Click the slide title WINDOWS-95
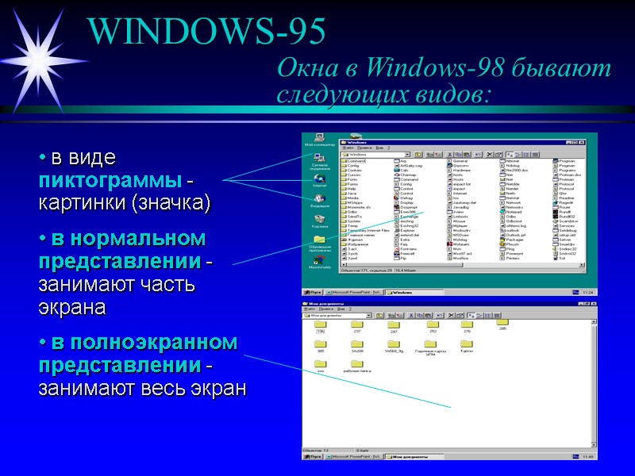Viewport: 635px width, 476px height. [207, 31]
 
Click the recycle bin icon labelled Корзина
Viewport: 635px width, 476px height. [319, 219]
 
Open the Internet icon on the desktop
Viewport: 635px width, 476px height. [319, 178]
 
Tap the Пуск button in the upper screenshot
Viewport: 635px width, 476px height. [315, 293]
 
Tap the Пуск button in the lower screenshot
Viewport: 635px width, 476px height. [315, 457]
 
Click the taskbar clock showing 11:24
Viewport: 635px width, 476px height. [587, 293]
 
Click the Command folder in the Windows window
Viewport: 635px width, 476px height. [354, 160]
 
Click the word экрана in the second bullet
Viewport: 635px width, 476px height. [72, 306]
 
